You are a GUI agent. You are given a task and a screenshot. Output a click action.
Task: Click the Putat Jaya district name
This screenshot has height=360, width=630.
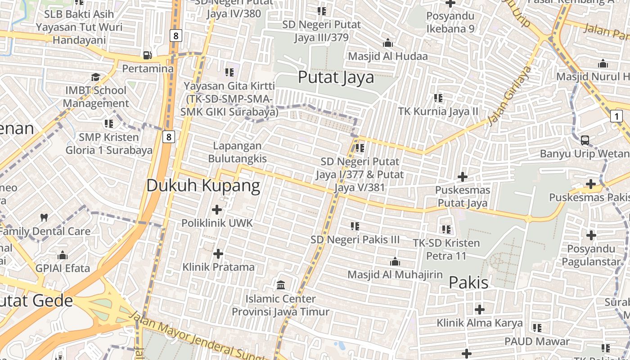point(336,77)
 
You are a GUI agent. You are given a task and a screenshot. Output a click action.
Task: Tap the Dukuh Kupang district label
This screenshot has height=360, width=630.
point(203,185)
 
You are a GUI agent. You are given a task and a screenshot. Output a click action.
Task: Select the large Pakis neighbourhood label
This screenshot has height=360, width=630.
point(468,283)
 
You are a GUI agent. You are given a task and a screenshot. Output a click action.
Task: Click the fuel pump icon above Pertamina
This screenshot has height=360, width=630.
point(147,55)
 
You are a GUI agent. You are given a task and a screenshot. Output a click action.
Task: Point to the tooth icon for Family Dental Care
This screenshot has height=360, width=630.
point(44,218)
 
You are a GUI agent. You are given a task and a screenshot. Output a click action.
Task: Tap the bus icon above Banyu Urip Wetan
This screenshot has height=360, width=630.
point(585,140)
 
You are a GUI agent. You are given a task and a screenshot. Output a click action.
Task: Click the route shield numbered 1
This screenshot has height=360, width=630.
point(616,117)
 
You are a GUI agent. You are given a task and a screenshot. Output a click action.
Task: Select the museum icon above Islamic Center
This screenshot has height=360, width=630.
point(281,285)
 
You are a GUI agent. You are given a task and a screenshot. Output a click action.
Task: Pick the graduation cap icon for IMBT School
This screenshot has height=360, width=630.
point(95,77)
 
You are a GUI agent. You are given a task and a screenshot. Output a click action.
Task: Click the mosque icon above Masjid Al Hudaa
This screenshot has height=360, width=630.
point(387,43)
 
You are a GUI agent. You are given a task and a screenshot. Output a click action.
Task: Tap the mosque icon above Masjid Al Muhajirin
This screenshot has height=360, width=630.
point(395,261)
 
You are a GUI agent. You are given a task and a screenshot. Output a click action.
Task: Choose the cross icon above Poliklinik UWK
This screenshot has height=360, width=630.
point(217,209)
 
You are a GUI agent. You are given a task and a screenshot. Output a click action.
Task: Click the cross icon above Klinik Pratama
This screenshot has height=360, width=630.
point(218,254)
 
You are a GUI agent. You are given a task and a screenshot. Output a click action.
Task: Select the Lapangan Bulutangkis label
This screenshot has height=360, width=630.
point(237,152)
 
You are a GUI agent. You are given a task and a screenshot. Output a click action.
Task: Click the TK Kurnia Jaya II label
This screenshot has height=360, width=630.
point(438,111)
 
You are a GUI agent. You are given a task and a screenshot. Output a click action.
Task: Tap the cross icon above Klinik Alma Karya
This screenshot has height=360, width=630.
point(480,310)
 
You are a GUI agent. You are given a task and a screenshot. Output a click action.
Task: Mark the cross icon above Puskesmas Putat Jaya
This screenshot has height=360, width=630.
point(462,177)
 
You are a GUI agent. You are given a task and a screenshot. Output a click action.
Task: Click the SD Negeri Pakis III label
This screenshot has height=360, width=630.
point(355,240)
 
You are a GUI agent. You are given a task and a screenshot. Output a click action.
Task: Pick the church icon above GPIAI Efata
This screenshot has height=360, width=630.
point(63,256)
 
